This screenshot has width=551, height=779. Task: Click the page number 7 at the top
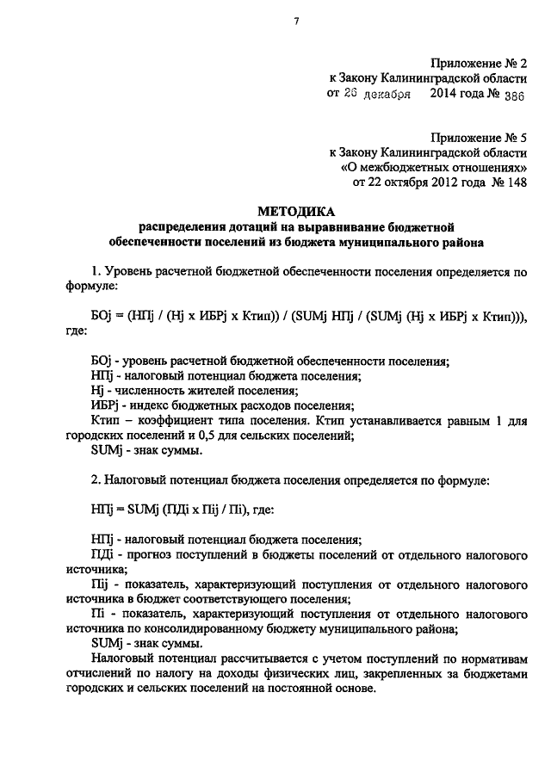(295, 22)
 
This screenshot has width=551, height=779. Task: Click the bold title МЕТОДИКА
(295, 212)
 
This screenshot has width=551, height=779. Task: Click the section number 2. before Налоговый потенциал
(96, 479)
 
